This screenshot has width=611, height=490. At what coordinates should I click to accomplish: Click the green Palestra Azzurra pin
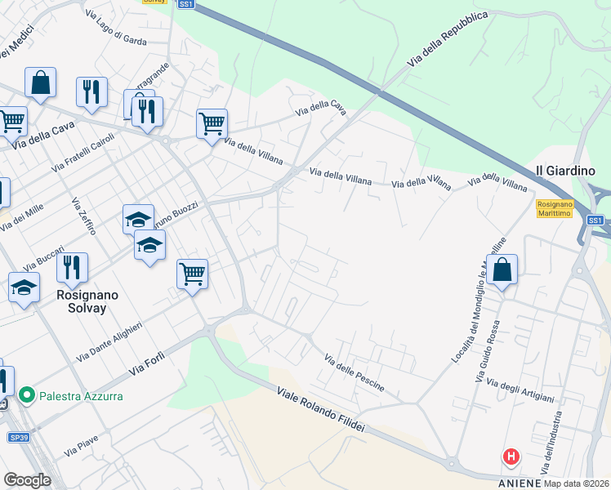[27, 396]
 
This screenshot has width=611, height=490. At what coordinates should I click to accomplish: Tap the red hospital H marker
[511, 457]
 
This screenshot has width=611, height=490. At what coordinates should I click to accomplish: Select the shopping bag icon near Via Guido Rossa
[504, 269]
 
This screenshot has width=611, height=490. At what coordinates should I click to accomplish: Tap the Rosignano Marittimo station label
[556, 210]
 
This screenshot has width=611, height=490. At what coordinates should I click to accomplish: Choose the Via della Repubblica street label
[448, 39]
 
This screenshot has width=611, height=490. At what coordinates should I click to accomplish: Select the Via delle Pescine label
[355, 372]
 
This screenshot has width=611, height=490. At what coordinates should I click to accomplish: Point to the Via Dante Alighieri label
[109, 342]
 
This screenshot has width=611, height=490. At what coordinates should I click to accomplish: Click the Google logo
[27, 479]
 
